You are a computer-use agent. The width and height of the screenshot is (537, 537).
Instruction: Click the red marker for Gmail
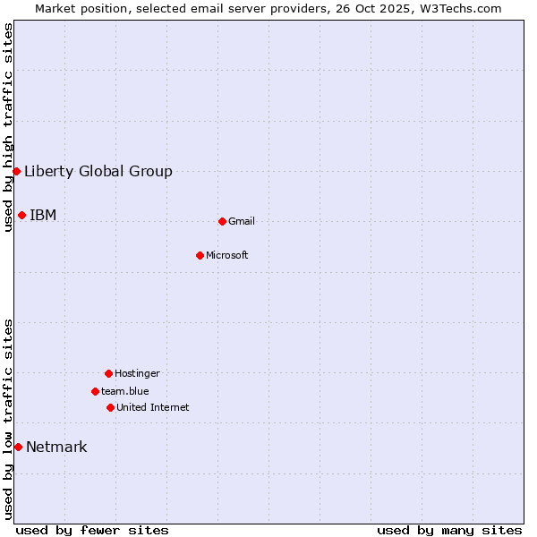tap(222, 221)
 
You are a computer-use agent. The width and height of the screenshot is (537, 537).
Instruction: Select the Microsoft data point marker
tap(200, 255)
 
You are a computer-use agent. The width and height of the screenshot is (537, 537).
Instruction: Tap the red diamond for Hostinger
tap(108, 373)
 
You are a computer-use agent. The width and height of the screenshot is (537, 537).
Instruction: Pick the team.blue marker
tap(95, 391)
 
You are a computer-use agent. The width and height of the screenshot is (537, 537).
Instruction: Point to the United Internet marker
tap(110, 407)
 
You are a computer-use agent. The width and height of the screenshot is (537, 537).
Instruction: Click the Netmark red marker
tap(18, 447)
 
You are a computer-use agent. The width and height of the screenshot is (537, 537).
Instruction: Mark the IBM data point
tap(21, 215)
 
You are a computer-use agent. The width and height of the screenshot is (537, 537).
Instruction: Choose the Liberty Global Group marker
tap(16, 171)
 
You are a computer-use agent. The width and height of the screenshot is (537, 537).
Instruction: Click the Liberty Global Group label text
tap(98, 172)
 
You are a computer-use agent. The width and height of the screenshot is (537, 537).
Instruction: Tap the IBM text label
tap(43, 215)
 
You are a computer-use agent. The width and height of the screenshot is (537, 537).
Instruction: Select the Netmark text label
tap(56, 447)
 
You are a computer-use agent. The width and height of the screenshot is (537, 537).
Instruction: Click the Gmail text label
tap(242, 222)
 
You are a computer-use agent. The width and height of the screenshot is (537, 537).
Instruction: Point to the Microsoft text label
tap(227, 256)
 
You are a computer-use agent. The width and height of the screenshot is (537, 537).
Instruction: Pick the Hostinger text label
tap(137, 374)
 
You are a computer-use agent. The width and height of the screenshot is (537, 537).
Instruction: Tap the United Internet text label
tap(153, 408)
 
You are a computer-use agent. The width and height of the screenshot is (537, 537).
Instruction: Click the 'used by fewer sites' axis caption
tap(92, 530)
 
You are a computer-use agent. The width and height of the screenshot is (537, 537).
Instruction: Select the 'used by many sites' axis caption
tap(449, 530)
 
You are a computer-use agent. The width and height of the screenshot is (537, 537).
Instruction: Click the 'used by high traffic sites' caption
tap(8, 127)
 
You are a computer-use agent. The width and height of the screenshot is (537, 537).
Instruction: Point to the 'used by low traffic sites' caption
tap(8, 419)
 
